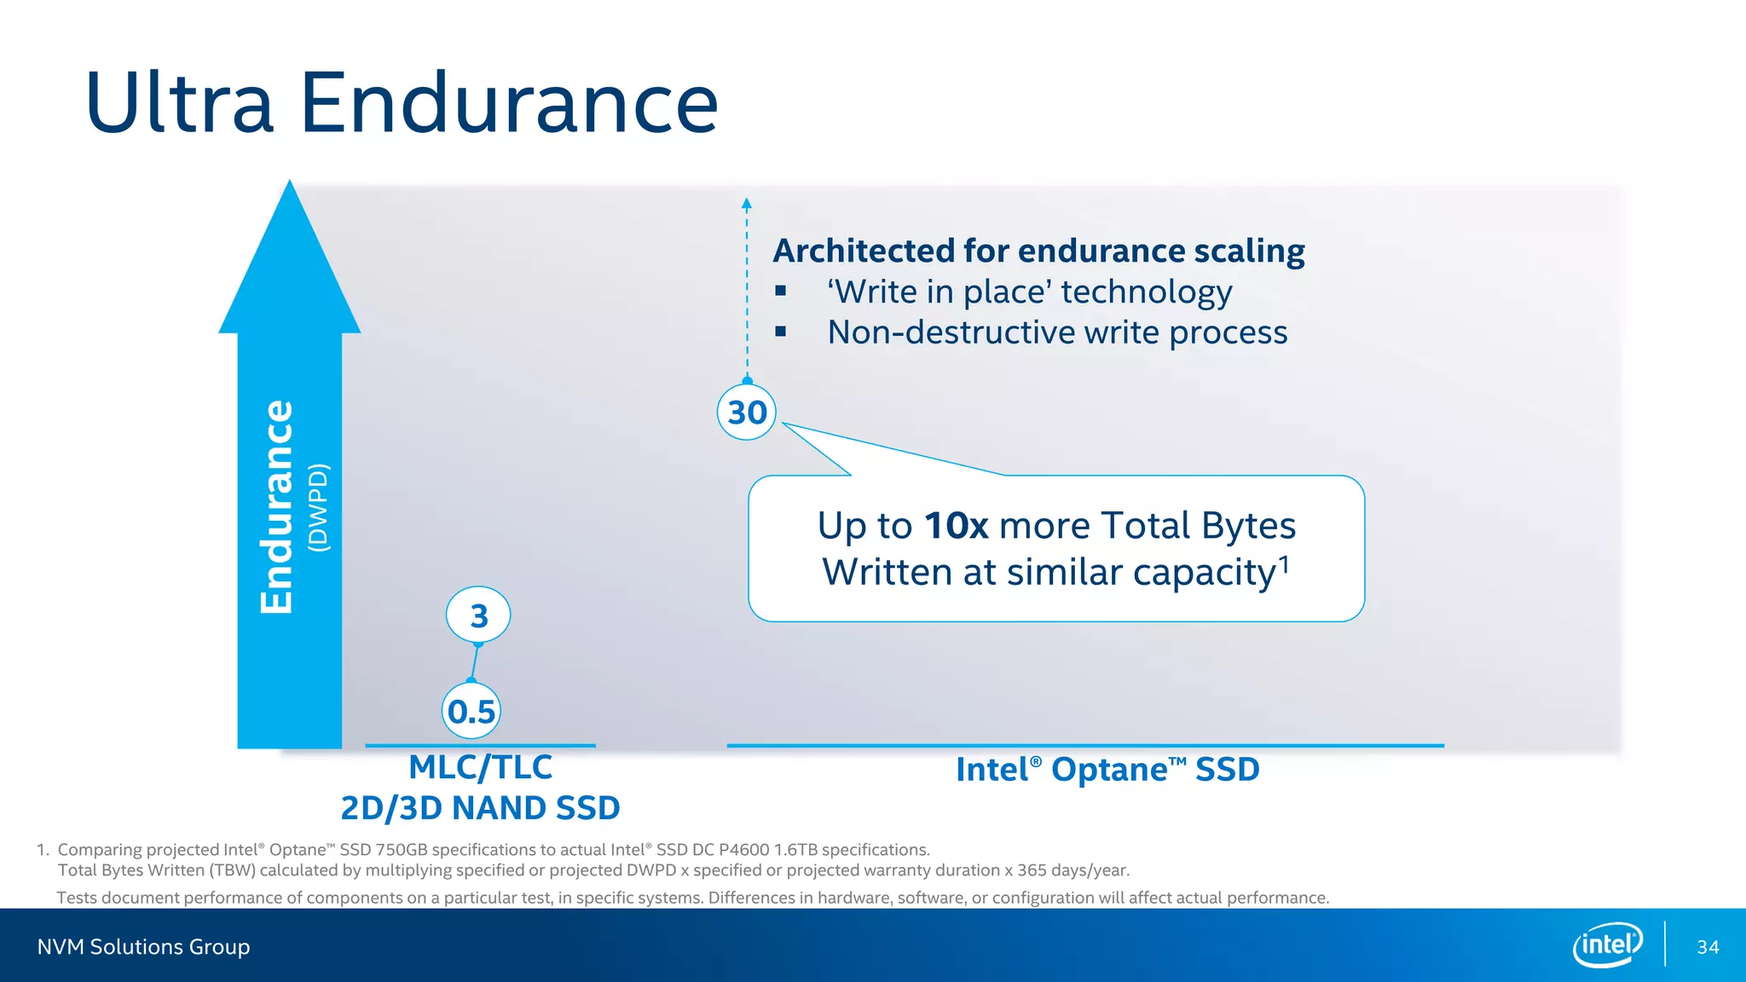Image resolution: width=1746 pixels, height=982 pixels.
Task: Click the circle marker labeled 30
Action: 747,413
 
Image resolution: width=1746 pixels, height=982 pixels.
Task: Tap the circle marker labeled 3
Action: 478,615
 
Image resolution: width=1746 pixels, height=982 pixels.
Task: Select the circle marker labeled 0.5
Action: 471,711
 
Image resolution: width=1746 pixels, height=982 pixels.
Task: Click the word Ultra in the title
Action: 179,104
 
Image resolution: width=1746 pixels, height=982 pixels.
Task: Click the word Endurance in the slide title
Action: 509,104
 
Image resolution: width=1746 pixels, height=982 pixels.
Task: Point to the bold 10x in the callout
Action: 956,526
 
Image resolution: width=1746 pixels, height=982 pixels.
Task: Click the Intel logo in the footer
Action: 1608,944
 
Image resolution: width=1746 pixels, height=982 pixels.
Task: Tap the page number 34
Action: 1708,947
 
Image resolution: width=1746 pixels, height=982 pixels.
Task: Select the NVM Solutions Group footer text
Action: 143,947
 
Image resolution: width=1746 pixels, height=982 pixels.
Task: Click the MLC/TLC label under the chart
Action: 480,767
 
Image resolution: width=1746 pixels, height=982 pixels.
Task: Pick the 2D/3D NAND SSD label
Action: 480,808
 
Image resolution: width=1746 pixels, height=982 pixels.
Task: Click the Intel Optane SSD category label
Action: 1107,770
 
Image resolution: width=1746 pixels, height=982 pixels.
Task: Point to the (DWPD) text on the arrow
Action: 318,507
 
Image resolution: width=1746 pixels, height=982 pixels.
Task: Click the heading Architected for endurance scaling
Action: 1038,251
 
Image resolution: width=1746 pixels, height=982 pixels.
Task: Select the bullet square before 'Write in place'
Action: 780,292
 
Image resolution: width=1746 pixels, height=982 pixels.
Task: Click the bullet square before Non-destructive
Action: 780,332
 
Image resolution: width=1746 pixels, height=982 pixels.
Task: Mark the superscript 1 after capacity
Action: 1284,563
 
